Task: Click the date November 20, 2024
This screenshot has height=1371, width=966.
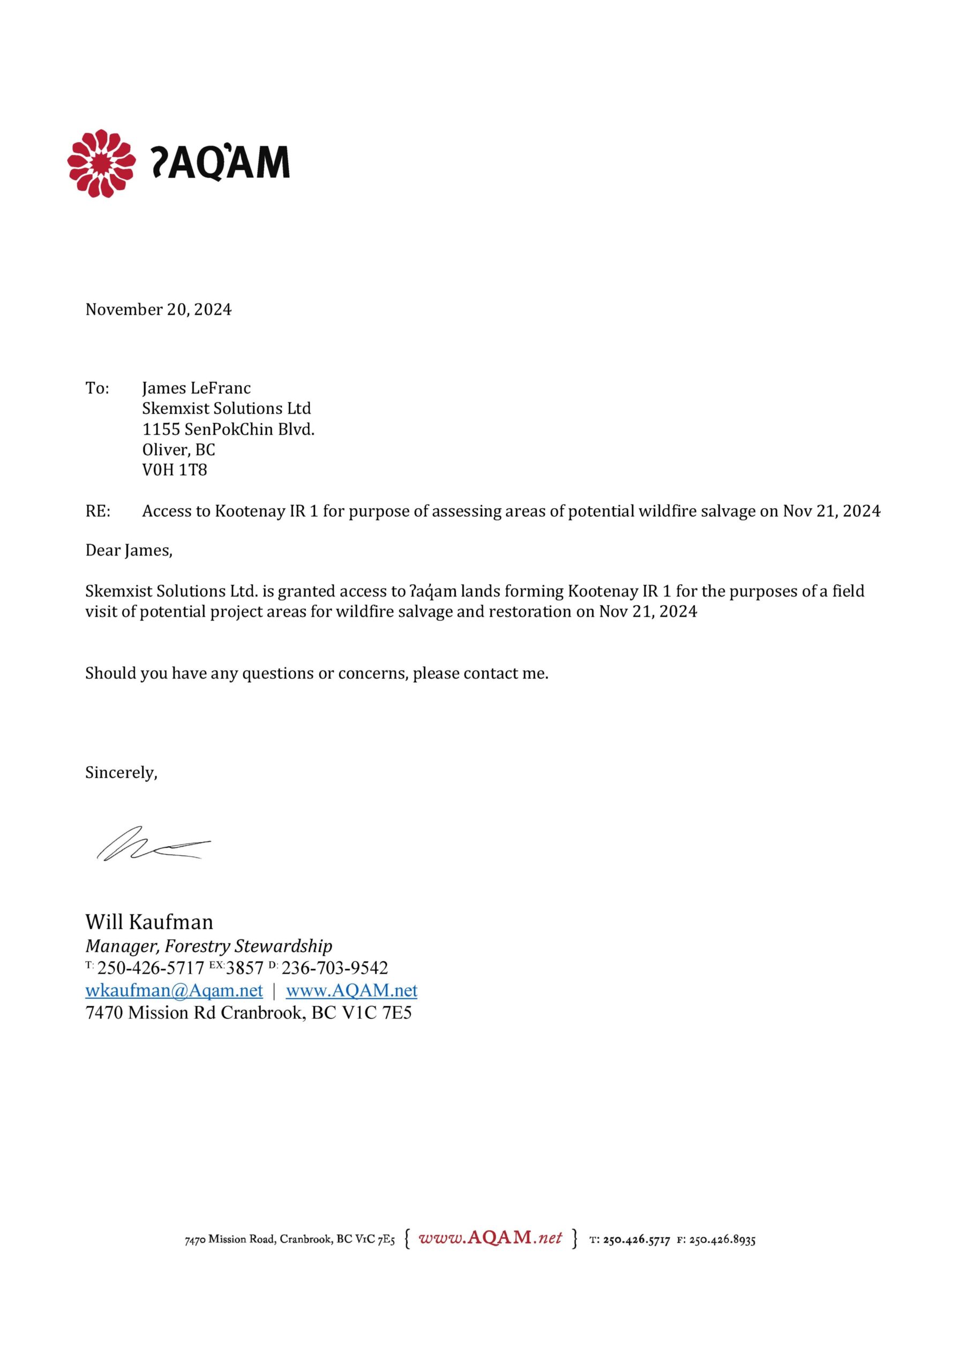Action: (x=158, y=310)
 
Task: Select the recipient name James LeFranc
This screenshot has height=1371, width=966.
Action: (x=196, y=388)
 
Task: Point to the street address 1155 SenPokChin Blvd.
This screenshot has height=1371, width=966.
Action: (x=228, y=430)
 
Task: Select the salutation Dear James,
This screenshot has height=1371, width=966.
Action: (x=129, y=551)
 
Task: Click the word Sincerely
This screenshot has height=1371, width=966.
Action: (x=121, y=773)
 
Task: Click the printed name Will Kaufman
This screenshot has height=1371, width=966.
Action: (x=149, y=922)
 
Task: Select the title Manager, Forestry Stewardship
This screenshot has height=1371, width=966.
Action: (x=208, y=946)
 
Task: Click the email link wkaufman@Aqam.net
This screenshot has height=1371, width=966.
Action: (x=174, y=991)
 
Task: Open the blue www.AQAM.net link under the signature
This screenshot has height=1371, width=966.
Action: (x=351, y=991)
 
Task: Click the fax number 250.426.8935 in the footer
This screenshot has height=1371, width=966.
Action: (x=722, y=1240)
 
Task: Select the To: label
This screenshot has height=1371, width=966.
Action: (x=97, y=388)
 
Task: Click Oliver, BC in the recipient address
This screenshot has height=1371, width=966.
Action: (x=178, y=450)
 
